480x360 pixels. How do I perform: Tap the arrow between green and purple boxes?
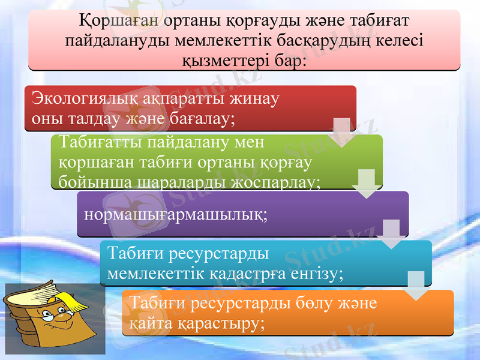pyautogui.click(x=366, y=184)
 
